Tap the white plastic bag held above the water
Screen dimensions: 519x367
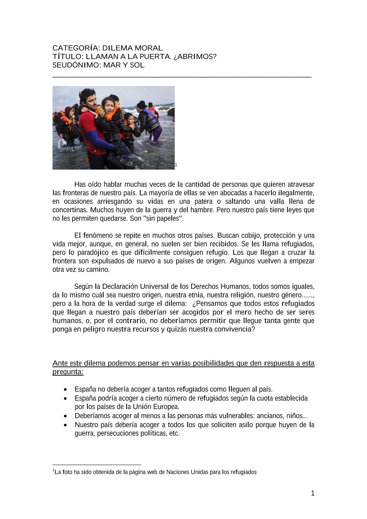point(62,143)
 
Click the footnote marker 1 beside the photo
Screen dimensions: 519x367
point(176,165)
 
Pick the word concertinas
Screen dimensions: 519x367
point(70,210)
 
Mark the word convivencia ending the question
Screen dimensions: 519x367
point(233,329)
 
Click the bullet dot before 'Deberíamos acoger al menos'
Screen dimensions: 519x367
point(65,416)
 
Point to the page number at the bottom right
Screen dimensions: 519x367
point(313,493)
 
